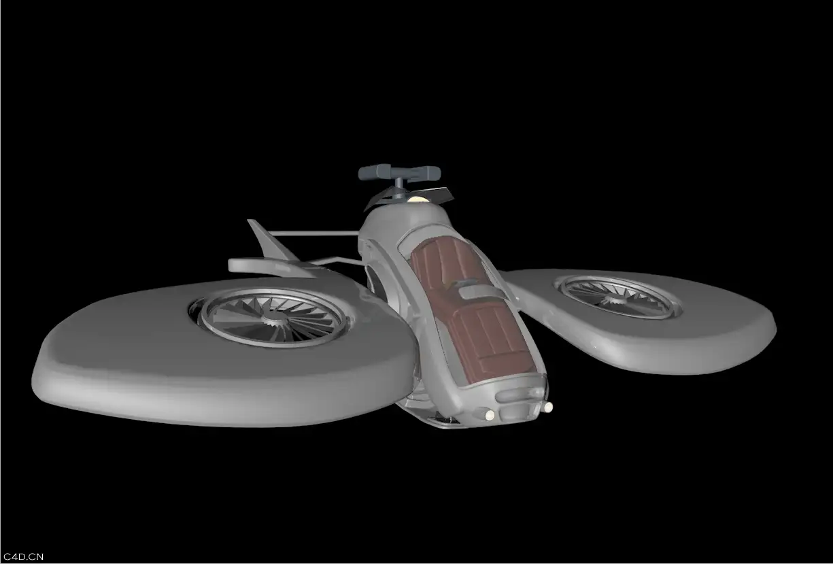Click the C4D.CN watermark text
(23, 557)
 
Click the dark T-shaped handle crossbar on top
(399, 172)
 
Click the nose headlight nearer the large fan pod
(490, 414)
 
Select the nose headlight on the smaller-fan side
(548, 408)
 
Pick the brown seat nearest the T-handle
(442, 263)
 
